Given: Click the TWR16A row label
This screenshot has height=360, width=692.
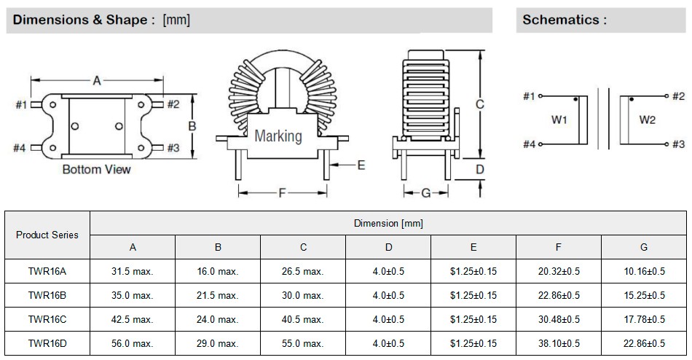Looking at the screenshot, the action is [47, 271].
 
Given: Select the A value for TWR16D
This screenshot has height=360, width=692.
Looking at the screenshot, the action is [133, 343].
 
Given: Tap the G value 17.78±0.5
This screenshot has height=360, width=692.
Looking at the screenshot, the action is [644, 319].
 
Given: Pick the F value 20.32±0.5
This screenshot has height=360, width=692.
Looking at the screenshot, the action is [559, 271].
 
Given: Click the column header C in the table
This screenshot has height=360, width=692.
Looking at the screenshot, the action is [303, 247].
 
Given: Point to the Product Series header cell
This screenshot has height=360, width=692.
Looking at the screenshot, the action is [47, 235].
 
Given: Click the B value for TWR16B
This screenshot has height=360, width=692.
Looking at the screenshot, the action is [218, 295].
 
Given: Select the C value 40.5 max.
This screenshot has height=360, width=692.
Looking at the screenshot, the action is [303, 319].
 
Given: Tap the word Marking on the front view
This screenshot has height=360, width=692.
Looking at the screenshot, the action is [278, 136].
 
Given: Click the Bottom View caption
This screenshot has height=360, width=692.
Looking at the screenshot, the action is [97, 169].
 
